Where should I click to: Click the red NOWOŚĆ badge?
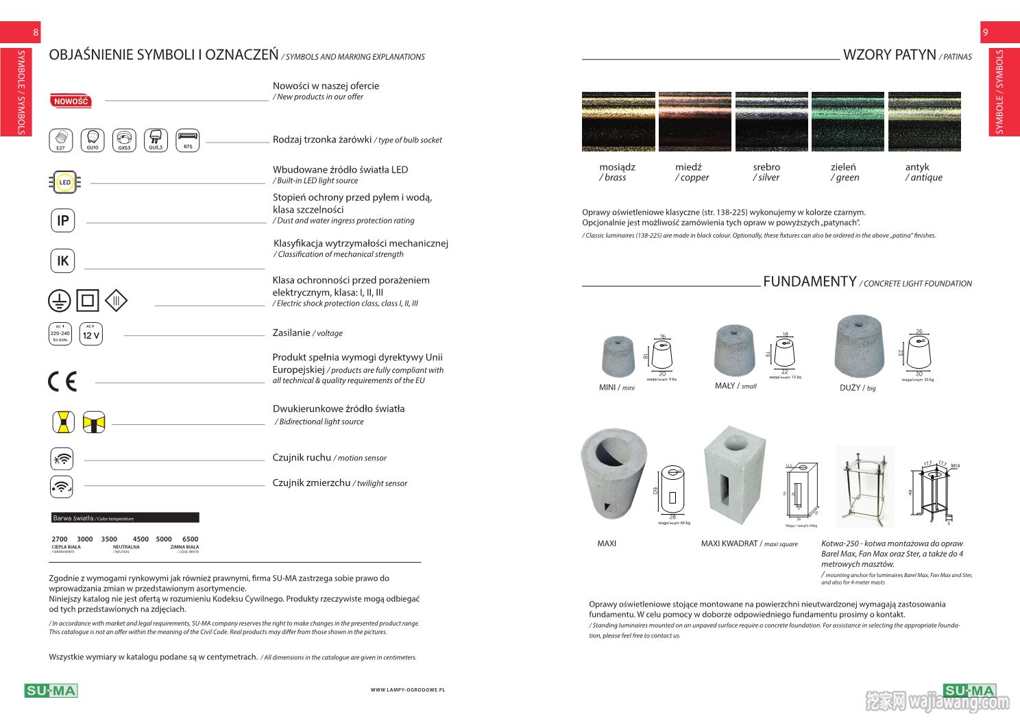[71, 101]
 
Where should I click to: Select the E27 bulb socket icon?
[61, 140]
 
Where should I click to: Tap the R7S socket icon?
[188, 140]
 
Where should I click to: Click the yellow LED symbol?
[64, 182]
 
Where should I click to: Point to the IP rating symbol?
[63, 221]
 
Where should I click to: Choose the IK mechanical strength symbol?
[63, 260]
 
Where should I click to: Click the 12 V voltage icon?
[91, 334]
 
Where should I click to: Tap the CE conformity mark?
[62, 381]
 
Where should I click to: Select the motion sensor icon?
[62, 459]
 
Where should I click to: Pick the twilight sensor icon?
[62, 486]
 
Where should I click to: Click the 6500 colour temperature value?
[190, 539]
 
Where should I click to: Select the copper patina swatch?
[694, 121]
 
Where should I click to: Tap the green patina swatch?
[847, 121]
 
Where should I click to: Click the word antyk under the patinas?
[916, 167]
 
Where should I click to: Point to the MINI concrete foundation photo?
[618, 356]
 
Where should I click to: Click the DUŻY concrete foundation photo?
[860, 347]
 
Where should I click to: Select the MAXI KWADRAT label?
[749, 543]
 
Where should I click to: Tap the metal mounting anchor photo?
[865, 487]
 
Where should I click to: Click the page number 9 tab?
[986, 32]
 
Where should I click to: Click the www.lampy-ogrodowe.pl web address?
[408, 689]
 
